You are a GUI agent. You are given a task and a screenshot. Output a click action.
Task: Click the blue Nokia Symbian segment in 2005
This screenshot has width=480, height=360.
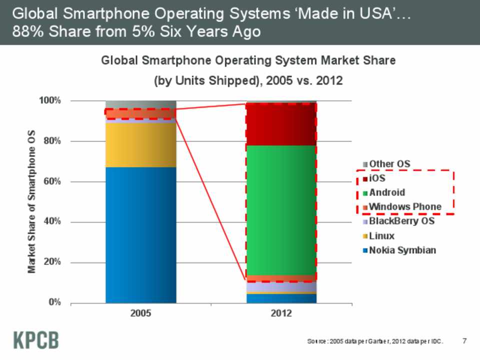141,235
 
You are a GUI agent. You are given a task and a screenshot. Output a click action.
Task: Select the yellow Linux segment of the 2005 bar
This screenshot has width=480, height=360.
141,145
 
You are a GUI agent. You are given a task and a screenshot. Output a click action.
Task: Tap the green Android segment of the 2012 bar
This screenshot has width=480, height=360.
281,210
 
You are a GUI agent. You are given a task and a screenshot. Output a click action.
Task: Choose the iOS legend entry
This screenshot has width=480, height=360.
380,178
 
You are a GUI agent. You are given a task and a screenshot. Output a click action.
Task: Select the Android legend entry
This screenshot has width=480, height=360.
386,192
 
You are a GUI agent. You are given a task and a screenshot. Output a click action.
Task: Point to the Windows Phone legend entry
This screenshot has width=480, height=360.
404,206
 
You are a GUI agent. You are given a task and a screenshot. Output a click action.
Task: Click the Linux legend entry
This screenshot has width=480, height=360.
381,235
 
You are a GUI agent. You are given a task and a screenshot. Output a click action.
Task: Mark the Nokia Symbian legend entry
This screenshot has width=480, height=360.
402,250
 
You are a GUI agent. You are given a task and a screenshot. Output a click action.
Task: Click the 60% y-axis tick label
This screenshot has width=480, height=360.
52,181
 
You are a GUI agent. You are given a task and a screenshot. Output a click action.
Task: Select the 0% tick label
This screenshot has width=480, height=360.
54,302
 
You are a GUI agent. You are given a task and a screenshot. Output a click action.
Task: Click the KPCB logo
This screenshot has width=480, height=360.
35,339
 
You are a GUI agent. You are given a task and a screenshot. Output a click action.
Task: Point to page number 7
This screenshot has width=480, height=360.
464,341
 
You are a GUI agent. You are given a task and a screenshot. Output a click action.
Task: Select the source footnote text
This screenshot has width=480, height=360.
375,341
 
